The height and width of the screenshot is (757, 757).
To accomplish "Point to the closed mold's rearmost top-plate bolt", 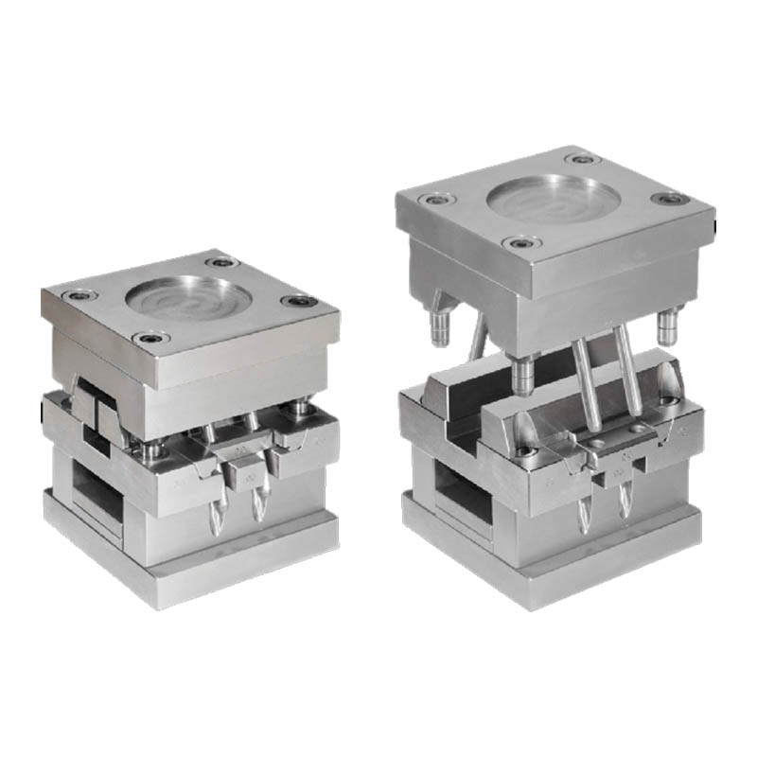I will pyautogui.click(x=220, y=262).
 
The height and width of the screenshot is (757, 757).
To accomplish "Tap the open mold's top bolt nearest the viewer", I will pyautogui.click(x=519, y=243).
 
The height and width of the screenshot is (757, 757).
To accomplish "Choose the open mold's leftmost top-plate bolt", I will pyautogui.click(x=435, y=200).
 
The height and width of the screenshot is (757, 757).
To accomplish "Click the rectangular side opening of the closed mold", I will pyautogui.click(x=97, y=490).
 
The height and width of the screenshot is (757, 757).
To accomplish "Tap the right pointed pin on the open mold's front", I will pyautogui.click(x=624, y=502).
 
